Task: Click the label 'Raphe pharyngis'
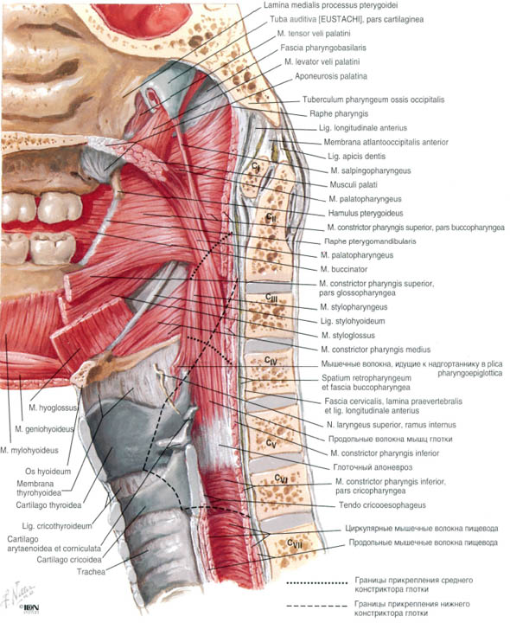click(339, 113)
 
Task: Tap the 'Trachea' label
click(92, 572)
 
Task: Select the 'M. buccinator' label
click(344, 269)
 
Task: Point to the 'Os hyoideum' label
click(48, 472)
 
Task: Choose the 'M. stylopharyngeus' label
click(354, 306)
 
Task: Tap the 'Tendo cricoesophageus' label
click(382, 505)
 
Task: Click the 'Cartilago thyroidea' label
click(48, 505)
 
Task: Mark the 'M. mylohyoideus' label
click(29, 450)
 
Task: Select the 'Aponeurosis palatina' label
click(331, 76)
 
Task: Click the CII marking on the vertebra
click(271, 217)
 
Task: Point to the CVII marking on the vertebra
click(295, 543)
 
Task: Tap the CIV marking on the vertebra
click(271, 360)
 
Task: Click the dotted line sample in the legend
click(317, 583)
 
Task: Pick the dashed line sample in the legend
click(317, 607)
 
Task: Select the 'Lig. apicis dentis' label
click(356, 156)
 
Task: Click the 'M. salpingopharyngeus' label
click(371, 170)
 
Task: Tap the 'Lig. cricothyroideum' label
click(57, 526)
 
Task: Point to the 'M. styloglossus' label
click(348, 336)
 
